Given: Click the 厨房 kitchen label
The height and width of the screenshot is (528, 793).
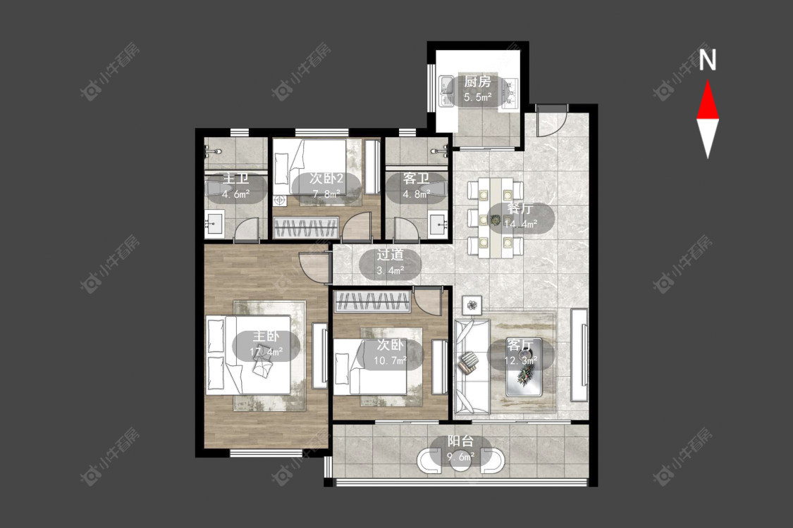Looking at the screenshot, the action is [x=477, y=82].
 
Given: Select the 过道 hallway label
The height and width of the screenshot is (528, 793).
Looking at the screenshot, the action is [x=390, y=255].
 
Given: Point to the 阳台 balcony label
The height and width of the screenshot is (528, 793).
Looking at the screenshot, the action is [x=461, y=441].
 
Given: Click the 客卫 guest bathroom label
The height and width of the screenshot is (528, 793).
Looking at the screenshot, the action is [x=416, y=178].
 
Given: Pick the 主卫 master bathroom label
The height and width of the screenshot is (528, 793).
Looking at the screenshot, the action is [x=236, y=179].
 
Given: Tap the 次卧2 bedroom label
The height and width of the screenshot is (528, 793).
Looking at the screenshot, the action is [x=326, y=178].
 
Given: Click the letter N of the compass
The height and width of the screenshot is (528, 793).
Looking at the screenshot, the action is [x=708, y=60].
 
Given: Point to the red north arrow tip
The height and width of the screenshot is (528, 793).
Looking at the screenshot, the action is [x=708, y=80].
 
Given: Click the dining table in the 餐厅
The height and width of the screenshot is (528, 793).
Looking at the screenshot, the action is [x=495, y=218].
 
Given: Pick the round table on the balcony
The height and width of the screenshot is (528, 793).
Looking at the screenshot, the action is [x=461, y=459].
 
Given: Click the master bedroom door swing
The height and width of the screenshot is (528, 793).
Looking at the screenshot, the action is [x=314, y=268].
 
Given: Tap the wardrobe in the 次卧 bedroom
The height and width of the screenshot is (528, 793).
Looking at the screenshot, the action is [x=372, y=301].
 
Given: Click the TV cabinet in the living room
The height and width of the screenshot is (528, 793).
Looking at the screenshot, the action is [x=580, y=355].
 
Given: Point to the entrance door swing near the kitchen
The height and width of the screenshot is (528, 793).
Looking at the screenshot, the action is [x=551, y=121].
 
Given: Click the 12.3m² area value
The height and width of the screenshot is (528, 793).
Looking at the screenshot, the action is [x=521, y=360].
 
